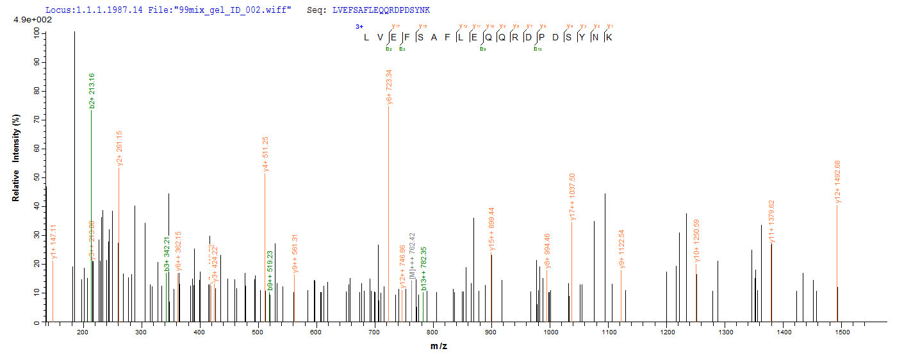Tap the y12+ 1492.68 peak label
pos(837,186)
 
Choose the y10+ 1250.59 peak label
pos(696,241)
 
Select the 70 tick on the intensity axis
pos(37,120)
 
